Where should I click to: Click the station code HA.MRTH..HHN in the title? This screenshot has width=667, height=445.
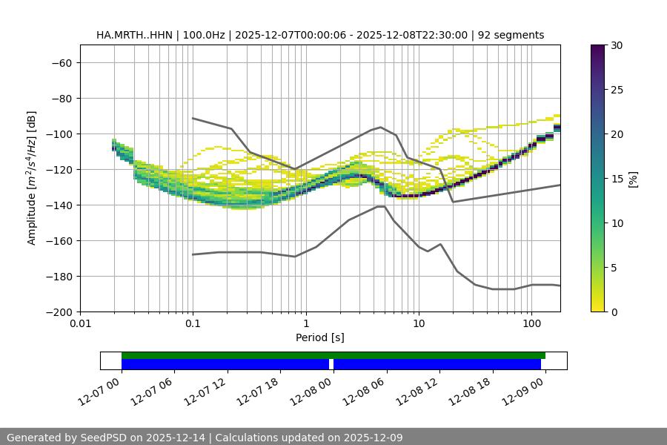pyautogui.click(x=134, y=35)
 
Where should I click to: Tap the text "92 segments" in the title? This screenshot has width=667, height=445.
pyautogui.click(x=511, y=35)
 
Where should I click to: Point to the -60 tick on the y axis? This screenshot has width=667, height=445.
pyautogui.click(x=61, y=62)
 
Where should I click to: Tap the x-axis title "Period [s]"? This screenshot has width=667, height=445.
pyautogui.click(x=319, y=337)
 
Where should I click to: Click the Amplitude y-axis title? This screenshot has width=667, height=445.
pyautogui.click(x=32, y=178)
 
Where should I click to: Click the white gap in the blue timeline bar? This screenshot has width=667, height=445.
pyautogui.click(x=331, y=364)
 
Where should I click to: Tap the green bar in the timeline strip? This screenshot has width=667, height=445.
pyautogui.click(x=333, y=355)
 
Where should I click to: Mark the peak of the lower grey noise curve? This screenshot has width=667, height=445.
pyautogui.click(x=381, y=206)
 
